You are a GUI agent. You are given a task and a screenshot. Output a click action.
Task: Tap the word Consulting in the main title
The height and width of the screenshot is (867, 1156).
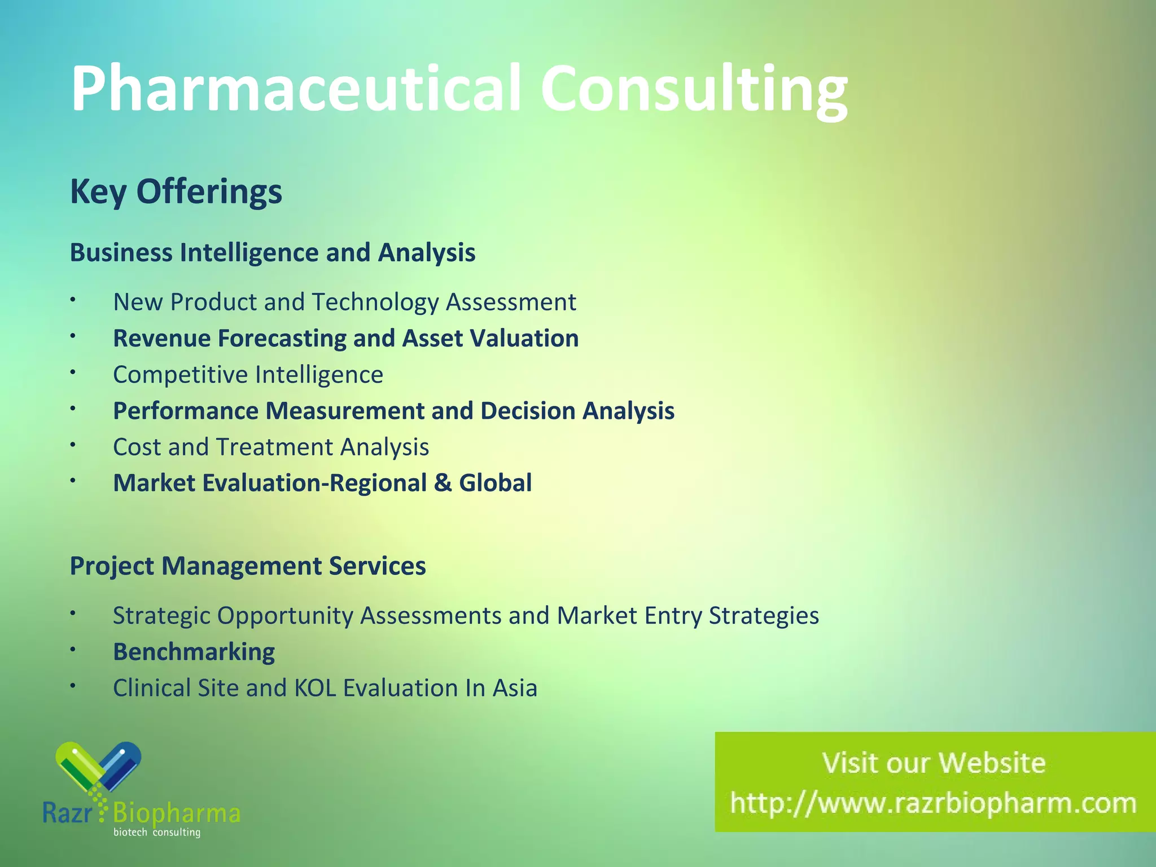tap(694, 90)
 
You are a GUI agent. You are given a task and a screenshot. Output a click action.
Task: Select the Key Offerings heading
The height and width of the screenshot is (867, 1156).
tap(176, 191)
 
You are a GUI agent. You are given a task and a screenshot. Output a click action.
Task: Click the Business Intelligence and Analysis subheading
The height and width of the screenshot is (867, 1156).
tap(272, 252)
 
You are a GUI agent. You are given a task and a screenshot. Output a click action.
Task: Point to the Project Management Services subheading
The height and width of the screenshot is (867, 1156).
tap(247, 566)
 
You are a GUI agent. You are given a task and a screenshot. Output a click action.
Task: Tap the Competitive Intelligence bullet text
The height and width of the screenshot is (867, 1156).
tap(248, 375)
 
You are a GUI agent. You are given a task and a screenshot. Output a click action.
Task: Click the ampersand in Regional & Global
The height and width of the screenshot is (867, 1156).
tap(443, 483)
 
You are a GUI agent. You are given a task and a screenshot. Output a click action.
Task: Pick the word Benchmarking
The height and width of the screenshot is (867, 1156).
tap(194, 652)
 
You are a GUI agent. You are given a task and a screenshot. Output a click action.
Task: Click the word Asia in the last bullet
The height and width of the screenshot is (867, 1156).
tap(514, 688)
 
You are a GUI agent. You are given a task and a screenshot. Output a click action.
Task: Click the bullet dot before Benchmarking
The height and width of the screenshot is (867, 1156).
tap(73, 650)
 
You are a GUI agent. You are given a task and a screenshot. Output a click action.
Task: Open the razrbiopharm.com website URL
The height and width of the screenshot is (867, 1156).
tap(933, 803)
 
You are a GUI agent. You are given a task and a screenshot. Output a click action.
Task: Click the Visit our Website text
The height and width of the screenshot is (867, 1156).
tap(934, 763)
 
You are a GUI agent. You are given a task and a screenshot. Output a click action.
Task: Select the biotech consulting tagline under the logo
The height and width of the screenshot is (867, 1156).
tap(157, 833)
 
